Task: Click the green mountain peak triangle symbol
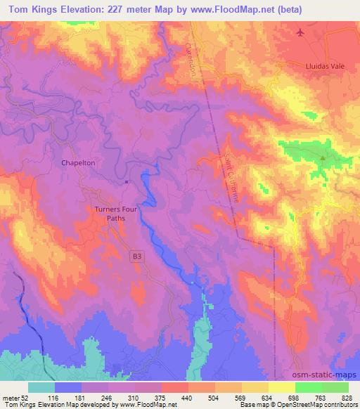(323, 158)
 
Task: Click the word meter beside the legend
(12, 397)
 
